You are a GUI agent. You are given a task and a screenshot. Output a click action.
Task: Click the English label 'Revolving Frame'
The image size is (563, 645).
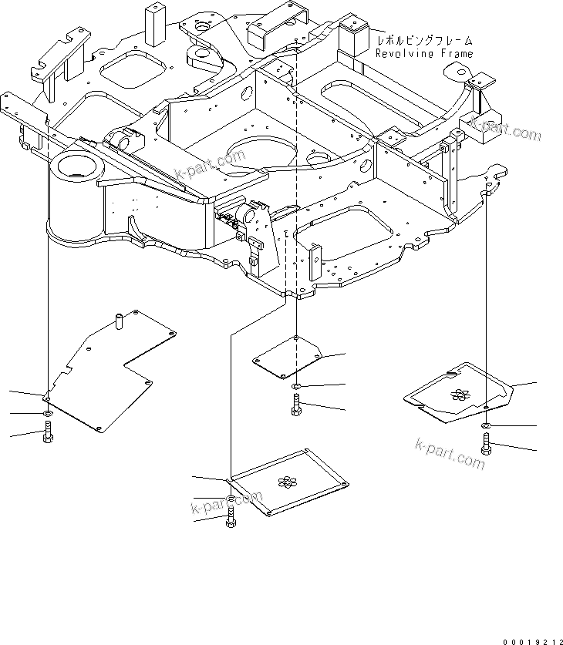point(423,52)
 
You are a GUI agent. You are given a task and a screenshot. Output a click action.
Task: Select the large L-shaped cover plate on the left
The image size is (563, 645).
point(108,370)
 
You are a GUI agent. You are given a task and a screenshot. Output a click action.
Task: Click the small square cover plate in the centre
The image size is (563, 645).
point(289,358)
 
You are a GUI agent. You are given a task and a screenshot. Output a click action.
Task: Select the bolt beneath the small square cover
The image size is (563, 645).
point(298,405)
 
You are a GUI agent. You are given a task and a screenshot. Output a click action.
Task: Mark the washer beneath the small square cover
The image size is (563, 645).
point(298,385)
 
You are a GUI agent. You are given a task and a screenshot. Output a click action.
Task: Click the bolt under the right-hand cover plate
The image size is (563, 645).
point(486,444)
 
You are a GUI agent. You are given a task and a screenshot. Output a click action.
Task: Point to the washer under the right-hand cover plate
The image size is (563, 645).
point(486,425)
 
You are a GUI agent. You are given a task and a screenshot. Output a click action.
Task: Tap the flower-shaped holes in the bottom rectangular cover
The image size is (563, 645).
point(287,480)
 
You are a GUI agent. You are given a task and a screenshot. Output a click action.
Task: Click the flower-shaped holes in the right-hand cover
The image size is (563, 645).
point(459,395)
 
